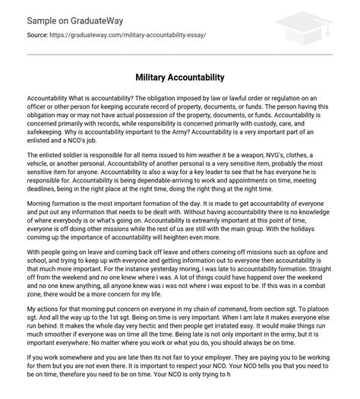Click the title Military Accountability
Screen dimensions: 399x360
click(x=180, y=78)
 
